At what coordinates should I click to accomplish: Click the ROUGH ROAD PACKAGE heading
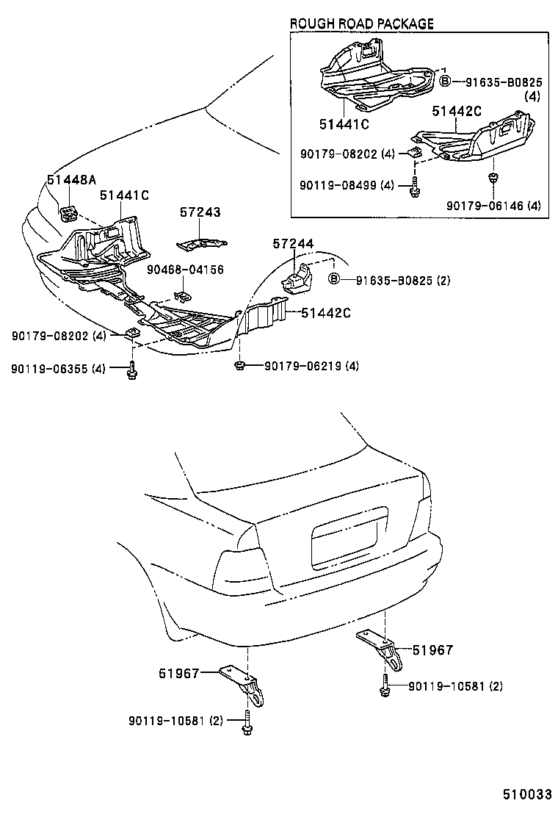[361, 24]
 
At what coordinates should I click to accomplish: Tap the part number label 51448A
[72, 179]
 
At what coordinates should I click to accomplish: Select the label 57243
[200, 212]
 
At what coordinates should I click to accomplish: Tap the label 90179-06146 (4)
[493, 206]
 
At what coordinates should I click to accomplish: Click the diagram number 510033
[526, 794]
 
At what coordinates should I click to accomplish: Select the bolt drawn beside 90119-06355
[131, 369]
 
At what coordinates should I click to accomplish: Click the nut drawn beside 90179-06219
[239, 364]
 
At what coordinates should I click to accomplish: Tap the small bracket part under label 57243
[201, 242]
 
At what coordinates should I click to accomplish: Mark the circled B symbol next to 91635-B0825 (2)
[333, 279]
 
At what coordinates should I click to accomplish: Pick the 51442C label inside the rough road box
[456, 111]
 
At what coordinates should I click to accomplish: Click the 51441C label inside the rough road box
[344, 123]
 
